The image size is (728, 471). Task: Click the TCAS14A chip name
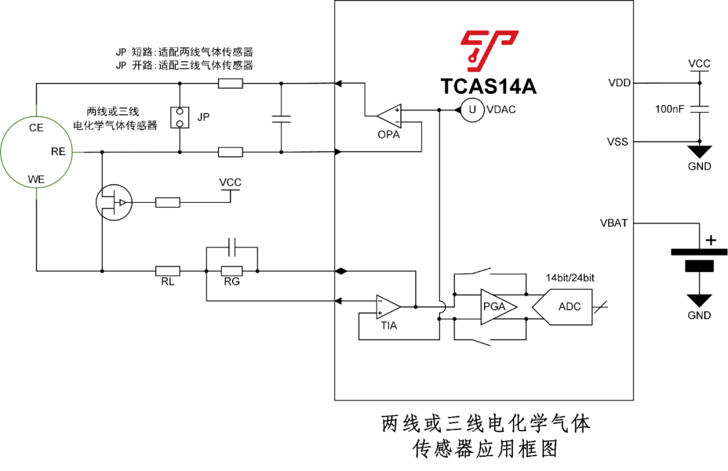point(488,86)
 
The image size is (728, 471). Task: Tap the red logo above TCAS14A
point(489,51)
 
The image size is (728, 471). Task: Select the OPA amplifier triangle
point(389,116)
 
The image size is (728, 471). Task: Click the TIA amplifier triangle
point(388,307)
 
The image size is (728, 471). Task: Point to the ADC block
point(562,307)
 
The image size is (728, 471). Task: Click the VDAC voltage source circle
point(472,110)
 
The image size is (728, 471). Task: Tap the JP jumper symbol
point(180,117)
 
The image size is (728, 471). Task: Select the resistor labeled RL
point(168,271)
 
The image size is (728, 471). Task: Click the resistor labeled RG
point(232,271)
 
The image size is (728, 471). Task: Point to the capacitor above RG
point(232,247)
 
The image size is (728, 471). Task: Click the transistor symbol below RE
point(114,202)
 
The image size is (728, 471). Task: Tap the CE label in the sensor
point(36,128)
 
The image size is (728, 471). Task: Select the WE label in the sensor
point(36,180)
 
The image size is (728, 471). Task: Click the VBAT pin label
point(614,223)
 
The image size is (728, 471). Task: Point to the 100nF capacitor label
point(669,109)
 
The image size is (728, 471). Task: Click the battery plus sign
point(710,241)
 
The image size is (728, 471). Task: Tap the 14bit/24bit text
point(570,278)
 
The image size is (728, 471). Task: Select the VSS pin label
point(617,142)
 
